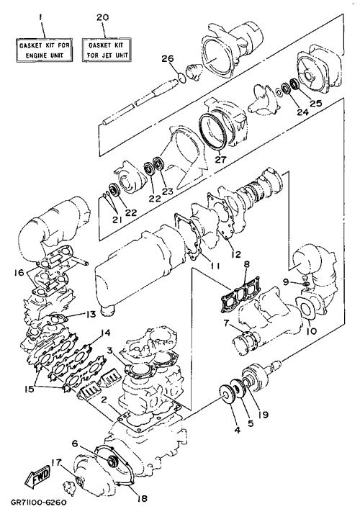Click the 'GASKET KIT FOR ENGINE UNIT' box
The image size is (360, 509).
[x=44, y=50]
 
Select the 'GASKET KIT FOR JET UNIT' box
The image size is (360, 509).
[x=107, y=50]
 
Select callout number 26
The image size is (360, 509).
[x=168, y=59]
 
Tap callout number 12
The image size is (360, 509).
[x=237, y=254]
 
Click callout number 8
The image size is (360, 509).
[x=247, y=264]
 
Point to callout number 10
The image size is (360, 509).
[x=311, y=331]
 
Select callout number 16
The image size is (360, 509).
[x=19, y=272]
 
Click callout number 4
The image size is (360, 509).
[x=238, y=431]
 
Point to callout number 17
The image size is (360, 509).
[x=56, y=462]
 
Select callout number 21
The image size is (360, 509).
[x=117, y=220]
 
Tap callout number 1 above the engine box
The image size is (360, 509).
[x=40, y=17]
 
